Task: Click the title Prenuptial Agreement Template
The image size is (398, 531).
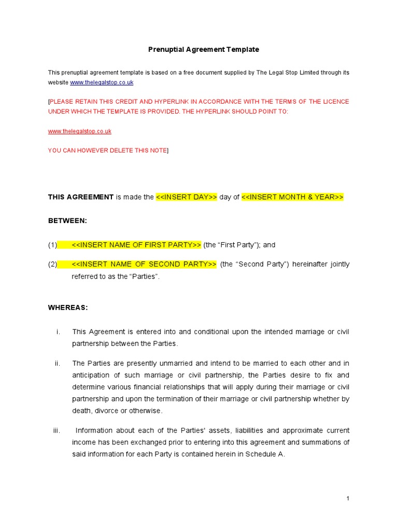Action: point(204,50)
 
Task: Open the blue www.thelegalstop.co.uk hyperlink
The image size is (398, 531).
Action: point(102,82)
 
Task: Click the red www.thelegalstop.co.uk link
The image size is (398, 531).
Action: point(80,131)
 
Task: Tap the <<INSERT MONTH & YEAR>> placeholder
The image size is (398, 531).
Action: point(292,197)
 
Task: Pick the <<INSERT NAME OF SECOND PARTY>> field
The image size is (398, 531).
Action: point(144,264)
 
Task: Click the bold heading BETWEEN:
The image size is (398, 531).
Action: point(68,221)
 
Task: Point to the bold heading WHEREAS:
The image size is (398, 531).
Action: point(68,308)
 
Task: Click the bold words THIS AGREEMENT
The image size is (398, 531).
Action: point(81,197)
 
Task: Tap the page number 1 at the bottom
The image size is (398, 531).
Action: point(348,498)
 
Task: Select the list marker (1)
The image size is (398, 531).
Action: point(52,245)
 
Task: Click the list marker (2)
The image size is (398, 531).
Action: point(52,264)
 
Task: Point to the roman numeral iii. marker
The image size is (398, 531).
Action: point(56,430)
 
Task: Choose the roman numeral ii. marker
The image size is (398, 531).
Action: point(58,363)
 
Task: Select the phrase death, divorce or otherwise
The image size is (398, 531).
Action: point(117,411)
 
